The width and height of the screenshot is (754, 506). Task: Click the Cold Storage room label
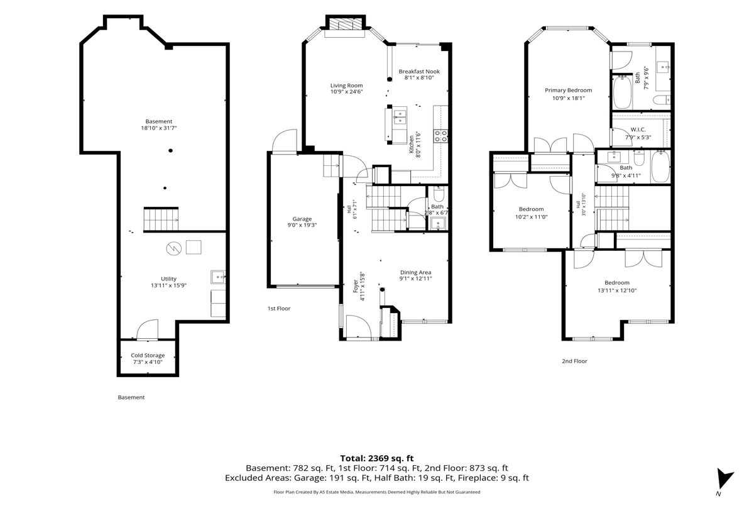click(148, 355)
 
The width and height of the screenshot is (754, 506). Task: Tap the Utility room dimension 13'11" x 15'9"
click(168, 285)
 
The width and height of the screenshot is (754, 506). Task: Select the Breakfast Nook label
click(419, 72)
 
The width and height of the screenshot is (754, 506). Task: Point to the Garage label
click(302, 219)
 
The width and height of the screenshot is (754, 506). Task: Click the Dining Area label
click(415, 272)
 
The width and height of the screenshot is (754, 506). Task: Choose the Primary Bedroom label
click(568, 91)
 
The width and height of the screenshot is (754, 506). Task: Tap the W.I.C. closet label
click(638, 129)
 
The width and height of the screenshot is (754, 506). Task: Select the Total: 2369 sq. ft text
click(376, 458)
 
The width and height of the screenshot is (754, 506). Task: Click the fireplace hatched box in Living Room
click(345, 24)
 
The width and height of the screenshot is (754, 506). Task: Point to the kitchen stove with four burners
click(440, 136)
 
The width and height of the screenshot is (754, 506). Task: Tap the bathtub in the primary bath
click(622, 92)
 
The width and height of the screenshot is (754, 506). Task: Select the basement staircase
click(161, 219)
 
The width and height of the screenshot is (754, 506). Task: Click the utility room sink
click(218, 277)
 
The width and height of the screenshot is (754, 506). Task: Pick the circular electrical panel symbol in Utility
click(174, 249)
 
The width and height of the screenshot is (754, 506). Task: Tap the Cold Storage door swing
click(148, 329)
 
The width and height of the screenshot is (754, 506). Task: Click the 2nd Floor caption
click(574, 361)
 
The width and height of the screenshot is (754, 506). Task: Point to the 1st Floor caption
click(279, 309)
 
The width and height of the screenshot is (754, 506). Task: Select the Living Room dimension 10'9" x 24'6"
click(346, 92)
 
